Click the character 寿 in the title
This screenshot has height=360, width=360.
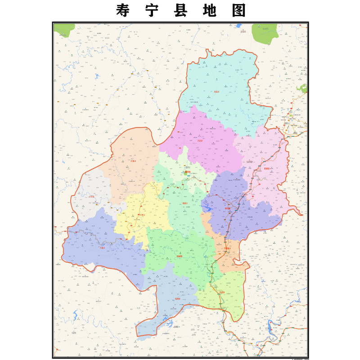(x=123, y=11)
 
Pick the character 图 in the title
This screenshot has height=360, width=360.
(x=239, y=11)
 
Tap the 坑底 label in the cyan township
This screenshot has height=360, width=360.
(x=216, y=91)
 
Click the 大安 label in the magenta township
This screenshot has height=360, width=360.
(x=200, y=140)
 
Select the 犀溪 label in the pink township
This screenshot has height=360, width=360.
(x=267, y=168)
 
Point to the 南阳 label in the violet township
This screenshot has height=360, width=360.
(x=227, y=208)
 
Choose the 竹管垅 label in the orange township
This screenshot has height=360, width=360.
(x=227, y=248)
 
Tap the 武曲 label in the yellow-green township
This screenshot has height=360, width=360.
(x=221, y=292)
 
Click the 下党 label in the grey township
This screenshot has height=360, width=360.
(x=92, y=197)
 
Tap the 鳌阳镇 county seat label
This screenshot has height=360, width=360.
(x=187, y=171)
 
